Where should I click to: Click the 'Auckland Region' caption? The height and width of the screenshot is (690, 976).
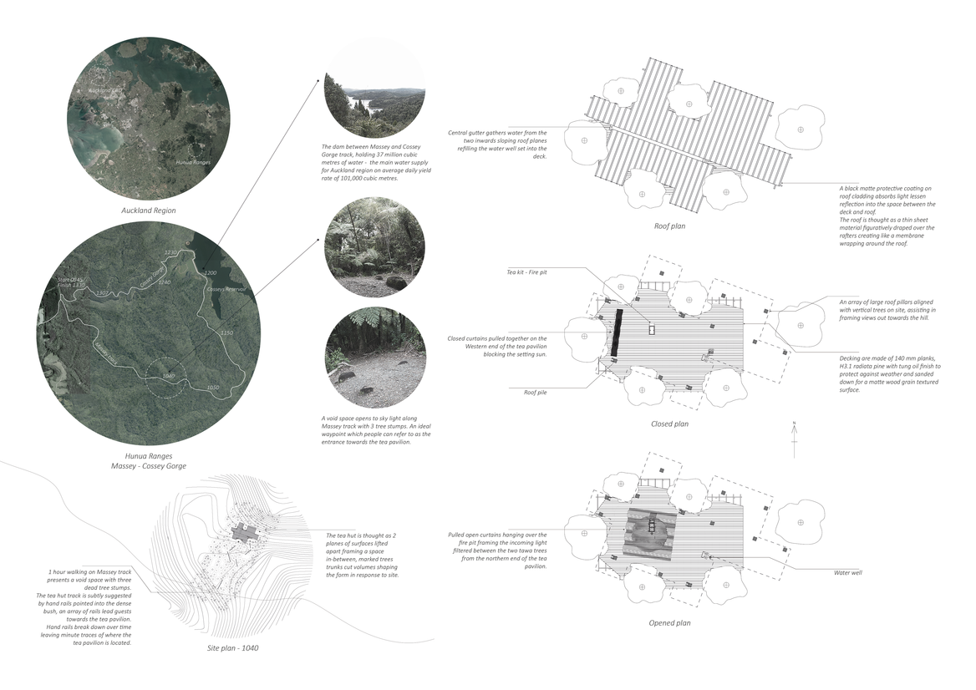tap(147, 210)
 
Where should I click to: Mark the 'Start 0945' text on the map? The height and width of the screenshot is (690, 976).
tap(68, 282)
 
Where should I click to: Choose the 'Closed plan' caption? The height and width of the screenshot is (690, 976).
tap(669, 424)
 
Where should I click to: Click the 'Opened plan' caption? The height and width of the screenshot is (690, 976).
tap(669, 622)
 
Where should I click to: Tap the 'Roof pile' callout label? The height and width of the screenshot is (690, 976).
tap(535, 392)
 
